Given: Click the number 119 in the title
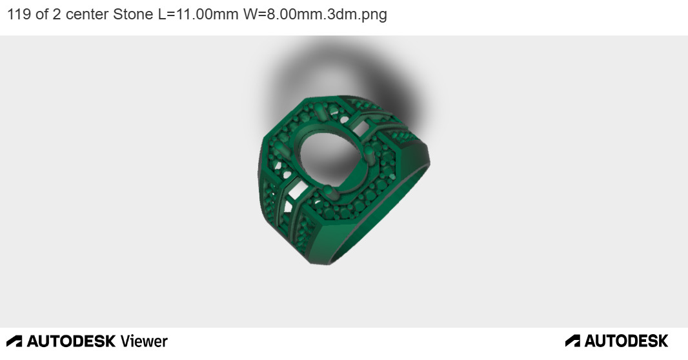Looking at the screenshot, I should click(19, 14).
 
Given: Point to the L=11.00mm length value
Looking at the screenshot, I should click(198, 14).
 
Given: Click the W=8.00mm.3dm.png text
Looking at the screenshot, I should click(315, 14).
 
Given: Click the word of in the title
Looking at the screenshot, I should click(42, 14).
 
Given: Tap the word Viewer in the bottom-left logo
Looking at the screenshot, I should click(144, 341).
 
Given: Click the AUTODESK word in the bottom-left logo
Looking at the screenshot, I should click(71, 341).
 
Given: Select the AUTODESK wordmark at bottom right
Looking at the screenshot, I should click(626, 341).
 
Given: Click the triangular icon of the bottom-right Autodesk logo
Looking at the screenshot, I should click(572, 341).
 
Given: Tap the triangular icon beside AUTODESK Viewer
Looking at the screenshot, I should click(14, 341).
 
